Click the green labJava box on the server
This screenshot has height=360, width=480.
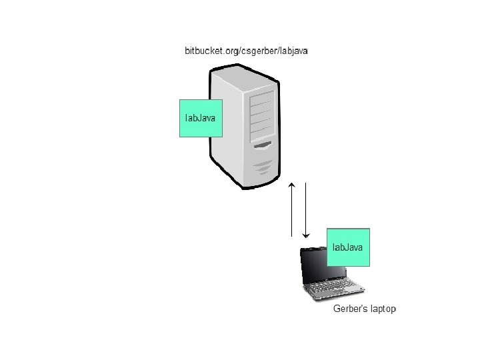[200, 118]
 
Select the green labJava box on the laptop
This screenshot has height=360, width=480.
[348, 247]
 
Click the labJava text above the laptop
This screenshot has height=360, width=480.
[348, 247]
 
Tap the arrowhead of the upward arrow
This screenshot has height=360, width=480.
[292, 183]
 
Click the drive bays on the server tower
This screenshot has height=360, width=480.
[261, 114]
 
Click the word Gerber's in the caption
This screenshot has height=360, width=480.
[349, 309]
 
